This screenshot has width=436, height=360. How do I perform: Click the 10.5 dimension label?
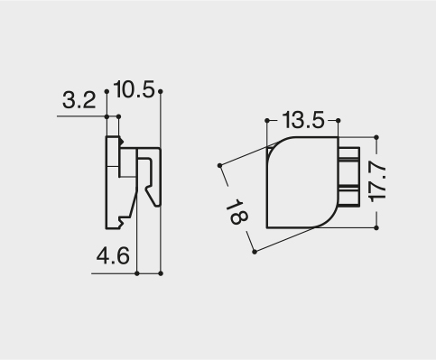point(134,89)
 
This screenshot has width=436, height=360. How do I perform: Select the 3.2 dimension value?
point(79,100)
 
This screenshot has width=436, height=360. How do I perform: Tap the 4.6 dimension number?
point(113,255)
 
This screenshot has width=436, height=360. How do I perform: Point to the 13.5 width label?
point(303,120)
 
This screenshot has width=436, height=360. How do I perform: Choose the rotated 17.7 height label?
point(377,181)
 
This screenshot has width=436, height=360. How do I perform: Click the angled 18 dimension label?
point(237,212)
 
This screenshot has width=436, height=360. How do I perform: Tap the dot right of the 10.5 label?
point(161,91)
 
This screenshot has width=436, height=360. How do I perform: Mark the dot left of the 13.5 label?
point(267,121)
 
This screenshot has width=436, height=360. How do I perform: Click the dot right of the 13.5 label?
point(338,121)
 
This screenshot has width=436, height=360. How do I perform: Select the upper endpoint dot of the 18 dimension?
point(219,165)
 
